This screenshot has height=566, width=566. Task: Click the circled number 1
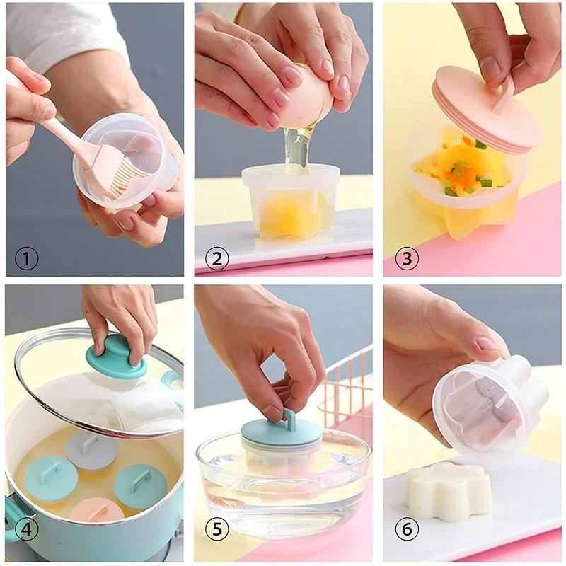coord(26,259)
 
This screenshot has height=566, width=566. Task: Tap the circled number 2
coord(216,259)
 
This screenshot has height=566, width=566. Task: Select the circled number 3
coord(406,259)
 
